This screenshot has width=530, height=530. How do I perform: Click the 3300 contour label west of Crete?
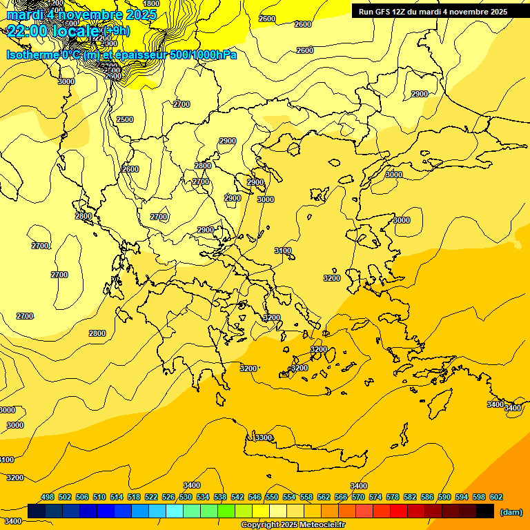[x=263, y=438]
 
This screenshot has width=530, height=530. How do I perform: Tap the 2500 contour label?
[x=125, y=119]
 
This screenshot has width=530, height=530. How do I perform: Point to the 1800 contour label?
[x=151, y=3]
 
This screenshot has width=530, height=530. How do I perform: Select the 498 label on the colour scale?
[x=48, y=497]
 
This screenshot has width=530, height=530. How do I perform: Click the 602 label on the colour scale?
[x=496, y=497]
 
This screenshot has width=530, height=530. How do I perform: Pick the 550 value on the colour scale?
[x=272, y=497]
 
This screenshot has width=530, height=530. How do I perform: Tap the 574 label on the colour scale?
[x=375, y=497]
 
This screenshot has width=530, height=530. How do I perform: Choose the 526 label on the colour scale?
[x=168, y=497]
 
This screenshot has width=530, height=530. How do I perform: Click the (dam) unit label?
[x=511, y=512]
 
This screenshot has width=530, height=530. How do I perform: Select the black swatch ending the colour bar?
[x=485, y=511]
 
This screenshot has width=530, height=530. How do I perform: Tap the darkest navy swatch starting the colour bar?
[x=37, y=511]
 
